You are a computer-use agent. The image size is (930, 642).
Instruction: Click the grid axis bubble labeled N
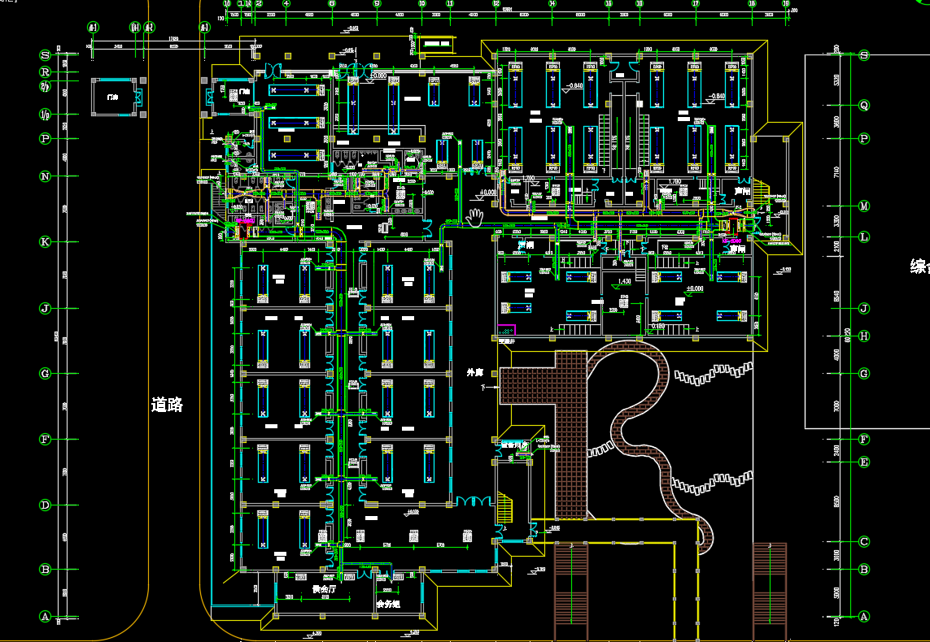point(46,176)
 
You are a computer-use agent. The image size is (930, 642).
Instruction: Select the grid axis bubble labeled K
point(46,241)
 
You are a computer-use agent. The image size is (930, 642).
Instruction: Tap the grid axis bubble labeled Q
point(864,105)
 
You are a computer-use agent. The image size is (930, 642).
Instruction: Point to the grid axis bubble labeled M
point(864,206)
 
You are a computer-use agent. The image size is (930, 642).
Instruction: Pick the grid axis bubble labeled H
point(864,336)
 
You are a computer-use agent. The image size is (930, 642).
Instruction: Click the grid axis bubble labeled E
point(864,462)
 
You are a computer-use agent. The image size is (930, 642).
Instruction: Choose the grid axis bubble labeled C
point(864,542)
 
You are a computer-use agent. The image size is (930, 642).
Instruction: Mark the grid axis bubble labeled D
point(46,505)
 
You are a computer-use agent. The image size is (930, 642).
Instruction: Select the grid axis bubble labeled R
point(46,72)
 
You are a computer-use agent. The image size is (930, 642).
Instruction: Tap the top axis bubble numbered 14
point(552,4)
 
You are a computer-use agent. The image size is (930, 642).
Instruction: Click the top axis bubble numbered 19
point(786,4)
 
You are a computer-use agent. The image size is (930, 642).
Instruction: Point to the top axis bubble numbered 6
point(332,4)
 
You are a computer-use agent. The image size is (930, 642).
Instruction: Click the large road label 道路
point(167,405)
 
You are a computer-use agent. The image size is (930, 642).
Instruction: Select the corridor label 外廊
point(474,372)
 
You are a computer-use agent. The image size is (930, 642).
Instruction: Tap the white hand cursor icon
point(475,216)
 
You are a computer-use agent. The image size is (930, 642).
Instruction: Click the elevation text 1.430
point(624,281)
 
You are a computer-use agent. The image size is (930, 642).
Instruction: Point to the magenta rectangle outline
point(506,331)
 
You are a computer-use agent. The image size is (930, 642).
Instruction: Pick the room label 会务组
point(388,605)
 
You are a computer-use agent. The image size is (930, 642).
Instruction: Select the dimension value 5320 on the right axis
point(837,80)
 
